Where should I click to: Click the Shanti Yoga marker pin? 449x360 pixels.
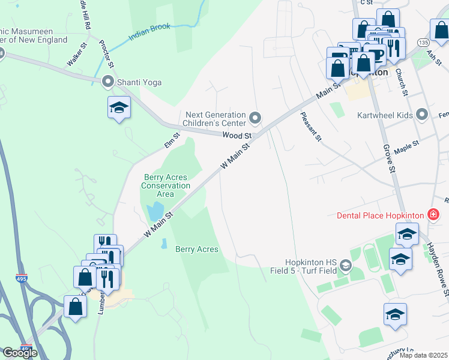click(x=108, y=80)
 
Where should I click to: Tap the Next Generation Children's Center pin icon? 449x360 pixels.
click(x=255, y=118)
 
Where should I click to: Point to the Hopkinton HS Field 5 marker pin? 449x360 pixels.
click(x=345, y=265)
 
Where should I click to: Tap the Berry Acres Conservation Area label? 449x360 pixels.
click(x=165, y=185)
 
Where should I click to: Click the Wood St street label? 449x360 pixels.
click(x=235, y=136)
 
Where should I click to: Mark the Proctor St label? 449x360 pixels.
click(x=109, y=53)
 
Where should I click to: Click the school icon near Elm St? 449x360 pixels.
click(x=119, y=108)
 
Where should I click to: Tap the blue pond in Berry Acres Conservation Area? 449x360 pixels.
click(x=154, y=211)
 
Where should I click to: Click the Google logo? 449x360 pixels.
click(x=20, y=353)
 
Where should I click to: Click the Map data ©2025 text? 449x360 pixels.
click(x=423, y=355)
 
